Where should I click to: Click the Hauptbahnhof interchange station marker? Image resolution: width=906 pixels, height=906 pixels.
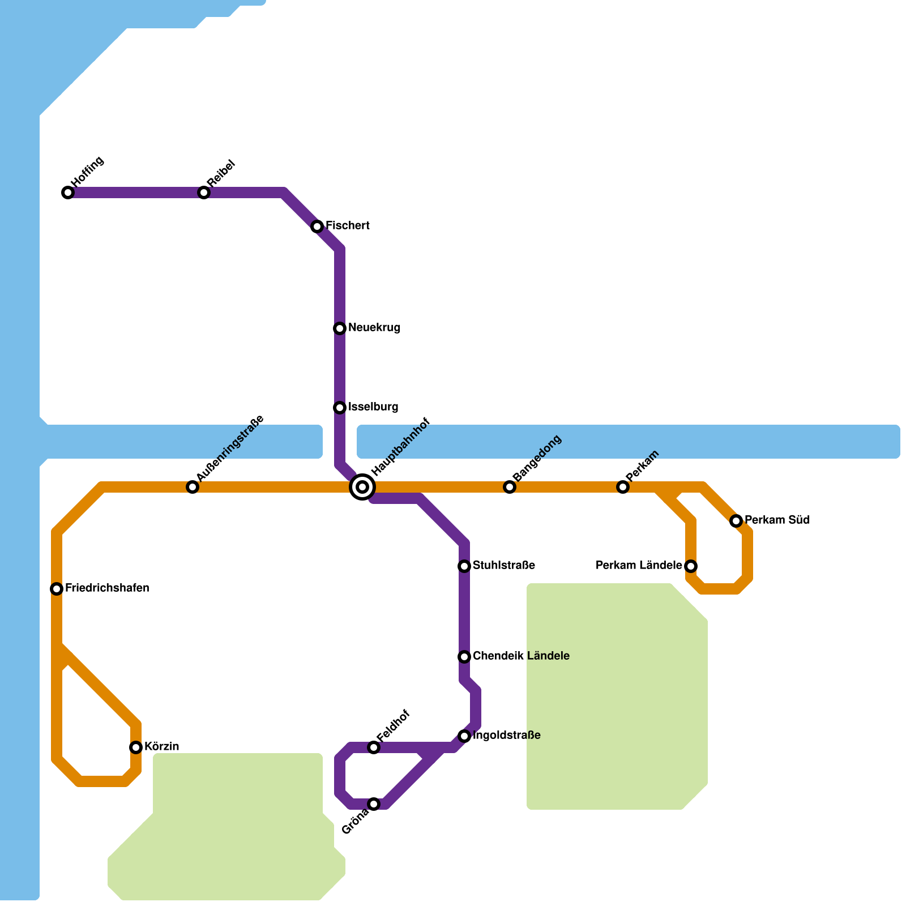(362, 487)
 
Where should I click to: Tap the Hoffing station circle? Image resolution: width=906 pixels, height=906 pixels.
(68, 193)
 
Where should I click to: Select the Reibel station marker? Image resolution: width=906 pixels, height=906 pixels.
(204, 193)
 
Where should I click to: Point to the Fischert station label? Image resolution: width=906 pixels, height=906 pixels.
(347, 226)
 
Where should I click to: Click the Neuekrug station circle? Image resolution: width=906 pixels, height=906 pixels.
(340, 328)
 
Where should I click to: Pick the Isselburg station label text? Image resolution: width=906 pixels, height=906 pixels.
(373, 407)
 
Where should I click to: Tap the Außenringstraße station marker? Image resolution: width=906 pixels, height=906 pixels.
(193, 487)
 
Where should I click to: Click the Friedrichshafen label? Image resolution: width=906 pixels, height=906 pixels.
(107, 588)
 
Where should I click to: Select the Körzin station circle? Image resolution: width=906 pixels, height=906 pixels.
(136, 747)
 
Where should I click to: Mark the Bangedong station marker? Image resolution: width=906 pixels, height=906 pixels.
(510, 487)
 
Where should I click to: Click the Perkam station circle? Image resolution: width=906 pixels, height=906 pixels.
(623, 487)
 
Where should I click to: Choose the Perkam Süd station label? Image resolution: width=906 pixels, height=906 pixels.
(777, 520)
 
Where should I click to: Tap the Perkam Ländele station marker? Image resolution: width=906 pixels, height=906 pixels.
(691, 566)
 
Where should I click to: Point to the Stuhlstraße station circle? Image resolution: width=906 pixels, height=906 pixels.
(464, 566)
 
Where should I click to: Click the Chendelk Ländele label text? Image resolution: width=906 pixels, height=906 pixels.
(521, 656)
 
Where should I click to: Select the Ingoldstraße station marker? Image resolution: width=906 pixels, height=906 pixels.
(464, 736)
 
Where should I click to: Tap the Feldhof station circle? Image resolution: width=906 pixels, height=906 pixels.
(374, 747)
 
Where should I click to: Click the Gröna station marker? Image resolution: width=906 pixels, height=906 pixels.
(374, 804)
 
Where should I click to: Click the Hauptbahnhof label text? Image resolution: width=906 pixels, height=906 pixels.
(401, 447)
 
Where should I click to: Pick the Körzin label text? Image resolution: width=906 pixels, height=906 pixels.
(161, 747)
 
